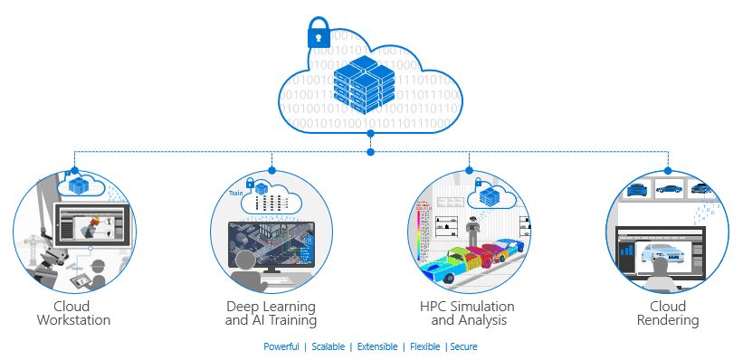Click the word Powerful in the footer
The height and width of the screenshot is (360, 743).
pyautogui.click(x=281, y=346)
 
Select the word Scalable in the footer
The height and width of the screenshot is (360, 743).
pyautogui.click(x=328, y=346)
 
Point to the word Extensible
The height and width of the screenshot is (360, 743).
pyautogui.click(x=377, y=346)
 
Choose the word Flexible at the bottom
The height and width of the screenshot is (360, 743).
pyautogui.click(x=425, y=346)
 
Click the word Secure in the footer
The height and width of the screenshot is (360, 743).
pyautogui.click(x=463, y=346)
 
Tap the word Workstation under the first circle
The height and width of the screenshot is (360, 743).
pyautogui.click(x=74, y=320)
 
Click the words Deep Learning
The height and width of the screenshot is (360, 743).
pyautogui.click(x=271, y=307)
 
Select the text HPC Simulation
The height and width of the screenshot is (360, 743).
pyautogui.click(x=467, y=307)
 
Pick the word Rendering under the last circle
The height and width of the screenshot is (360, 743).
pyautogui.click(x=668, y=320)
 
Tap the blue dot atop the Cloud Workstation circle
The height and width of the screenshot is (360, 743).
pyautogui.click(x=75, y=170)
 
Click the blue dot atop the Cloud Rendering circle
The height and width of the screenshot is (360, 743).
pyautogui.click(x=668, y=170)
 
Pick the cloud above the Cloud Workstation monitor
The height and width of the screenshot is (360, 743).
pyautogui.click(x=81, y=185)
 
